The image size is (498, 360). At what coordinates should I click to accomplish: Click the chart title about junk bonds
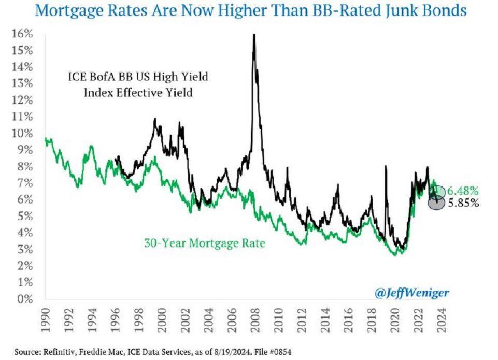249,10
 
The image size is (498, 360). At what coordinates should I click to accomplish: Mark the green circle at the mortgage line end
436,192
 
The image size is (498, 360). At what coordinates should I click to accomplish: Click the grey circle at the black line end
436,203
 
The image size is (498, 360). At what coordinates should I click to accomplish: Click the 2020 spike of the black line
385,167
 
